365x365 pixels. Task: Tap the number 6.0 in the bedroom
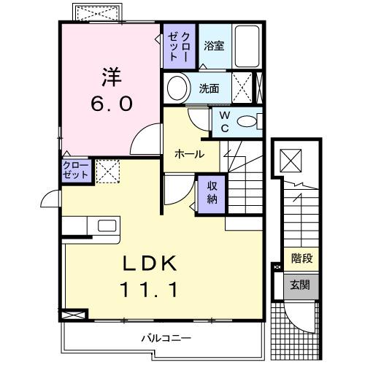pyautogui.click(x=111, y=103)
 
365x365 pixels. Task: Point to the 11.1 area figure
pyautogui.click(x=151, y=288)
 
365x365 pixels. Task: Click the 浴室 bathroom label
pyautogui.click(x=214, y=46)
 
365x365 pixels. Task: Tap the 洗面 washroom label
pyautogui.click(x=209, y=89)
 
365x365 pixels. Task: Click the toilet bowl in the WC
pyautogui.click(x=248, y=121)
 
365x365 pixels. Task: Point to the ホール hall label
pyautogui.click(x=188, y=155)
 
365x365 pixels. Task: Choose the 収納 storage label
pyautogui.click(x=212, y=192)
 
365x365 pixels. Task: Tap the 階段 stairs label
pyautogui.click(x=300, y=258)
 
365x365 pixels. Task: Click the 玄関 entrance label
pyautogui.click(x=300, y=285)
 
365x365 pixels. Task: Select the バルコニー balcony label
pyautogui.click(x=166, y=339)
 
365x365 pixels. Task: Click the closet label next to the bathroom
pyautogui.click(x=179, y=47)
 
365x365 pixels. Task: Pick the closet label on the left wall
pyautogui.click(x=76, y=172)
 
